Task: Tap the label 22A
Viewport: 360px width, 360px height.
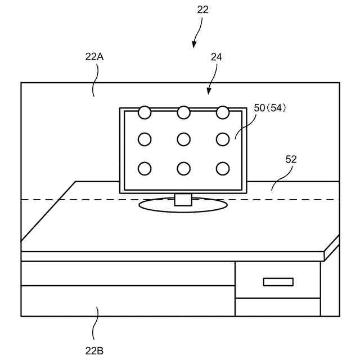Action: [x=94, y=57]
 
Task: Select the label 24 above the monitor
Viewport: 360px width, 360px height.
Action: [x=216, y=57]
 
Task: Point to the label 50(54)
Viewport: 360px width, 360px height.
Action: [x=270, y=108]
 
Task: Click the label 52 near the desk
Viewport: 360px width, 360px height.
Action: [x=291, y=159]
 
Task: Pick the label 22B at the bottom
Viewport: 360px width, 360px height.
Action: [x=94, y=350]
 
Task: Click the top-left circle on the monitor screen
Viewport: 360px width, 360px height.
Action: [x=145, y=112]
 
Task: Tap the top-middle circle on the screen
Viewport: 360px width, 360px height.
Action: [x=183, y=112]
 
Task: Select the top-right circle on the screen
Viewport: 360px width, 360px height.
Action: [x=223, y=112]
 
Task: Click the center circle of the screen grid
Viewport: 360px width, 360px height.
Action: [x=183, y=139]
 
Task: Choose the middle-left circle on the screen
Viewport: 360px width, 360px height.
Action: [x=145, y=139]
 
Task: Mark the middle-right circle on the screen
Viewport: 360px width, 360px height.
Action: [x=223, y=139]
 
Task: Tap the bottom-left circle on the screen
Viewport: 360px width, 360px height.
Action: [x=145, y=168]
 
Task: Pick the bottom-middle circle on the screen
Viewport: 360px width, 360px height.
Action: [x=183, y=168]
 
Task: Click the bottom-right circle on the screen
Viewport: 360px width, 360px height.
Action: [x=223, y=168]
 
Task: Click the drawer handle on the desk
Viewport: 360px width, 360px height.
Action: [x=278, y=282]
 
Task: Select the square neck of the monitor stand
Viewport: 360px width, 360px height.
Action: [x=183, y=200]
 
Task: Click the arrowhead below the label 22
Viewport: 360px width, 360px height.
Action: [x=194, y=44]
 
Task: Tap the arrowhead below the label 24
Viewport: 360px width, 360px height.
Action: [x=209, y=91]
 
